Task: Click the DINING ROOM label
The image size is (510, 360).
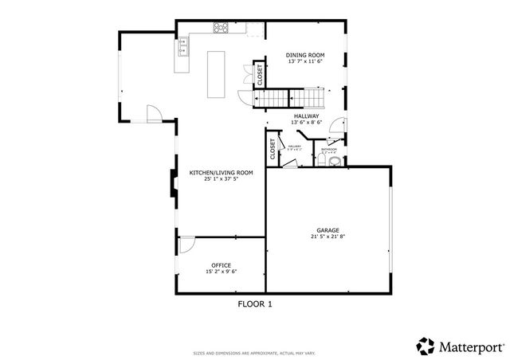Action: pos(306,55)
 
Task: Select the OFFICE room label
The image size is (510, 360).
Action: pos(222,264)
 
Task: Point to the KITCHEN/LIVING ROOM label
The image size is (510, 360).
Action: pos(221,172)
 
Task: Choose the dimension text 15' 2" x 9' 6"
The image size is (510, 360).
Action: pos(222,272)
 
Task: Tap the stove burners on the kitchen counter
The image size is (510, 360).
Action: pos(220,29)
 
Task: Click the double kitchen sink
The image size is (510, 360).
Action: pos(182,50)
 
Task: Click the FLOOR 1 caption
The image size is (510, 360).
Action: pos(255,303)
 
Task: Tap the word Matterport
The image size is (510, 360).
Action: pos(470,346)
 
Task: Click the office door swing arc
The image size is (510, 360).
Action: pos(185,245)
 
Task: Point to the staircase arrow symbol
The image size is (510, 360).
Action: pos(292,100)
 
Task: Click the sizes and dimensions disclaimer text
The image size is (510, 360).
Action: pos(255,352)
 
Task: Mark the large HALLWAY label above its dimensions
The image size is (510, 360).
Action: pos(307,116)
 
